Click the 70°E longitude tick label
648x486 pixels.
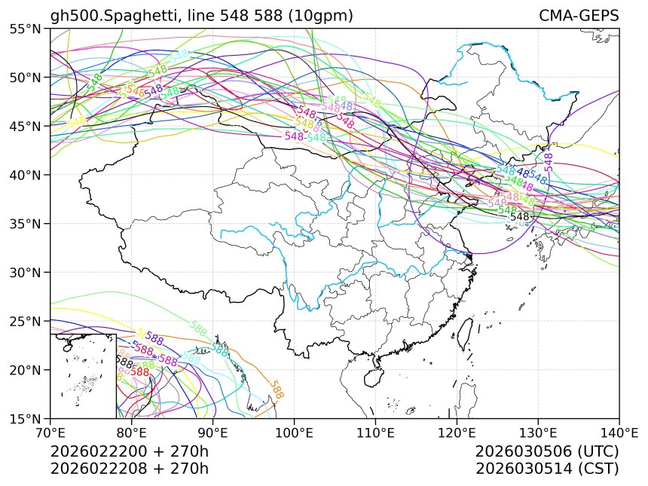pyautogui.click(x=50, y=433)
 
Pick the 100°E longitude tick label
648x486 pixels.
pyautogui.click(x=294, y=433)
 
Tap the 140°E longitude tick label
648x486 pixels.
pyautogui.click(x=619, y=433)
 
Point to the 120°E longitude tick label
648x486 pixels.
pyautogui.click(x=457, y=433)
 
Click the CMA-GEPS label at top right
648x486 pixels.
pyautogui.click(x=579, y=16)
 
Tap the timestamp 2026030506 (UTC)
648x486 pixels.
pyautogui.click(x=547, y=452)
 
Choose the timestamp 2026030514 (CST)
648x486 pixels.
pyautogui.click(x=547, y=468)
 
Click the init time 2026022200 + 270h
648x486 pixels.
pyautogui.click(x=129, y=452)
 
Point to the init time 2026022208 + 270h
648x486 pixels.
pyautogui.click(x=129, y=468)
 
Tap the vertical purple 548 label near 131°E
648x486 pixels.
pyautogui.click(x=549, y=162)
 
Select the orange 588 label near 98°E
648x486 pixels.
pyautogui.click(x=277, y=389)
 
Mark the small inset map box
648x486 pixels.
pyautogui.click(x=83, y=376)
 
